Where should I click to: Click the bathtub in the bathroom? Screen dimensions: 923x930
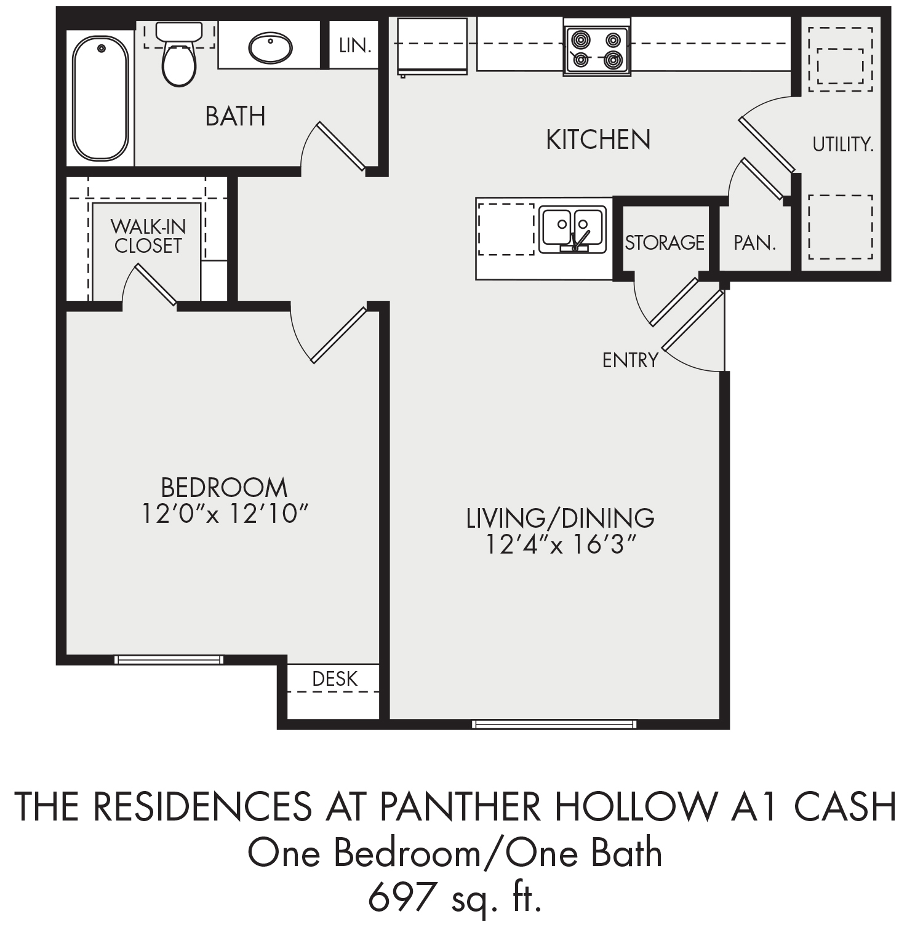[101, 96]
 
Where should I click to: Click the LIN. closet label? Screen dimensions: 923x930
[356, 46]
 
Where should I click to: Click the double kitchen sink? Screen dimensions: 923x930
[572, 229]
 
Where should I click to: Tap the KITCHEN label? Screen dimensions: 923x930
[598, 140]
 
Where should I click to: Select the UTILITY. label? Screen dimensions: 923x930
[842, 145]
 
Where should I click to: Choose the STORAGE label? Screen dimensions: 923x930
[665, 242]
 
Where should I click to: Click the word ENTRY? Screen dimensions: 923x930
[630, 360]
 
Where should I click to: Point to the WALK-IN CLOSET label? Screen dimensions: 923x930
[148, 236]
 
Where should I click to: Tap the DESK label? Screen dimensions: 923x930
[335, 678]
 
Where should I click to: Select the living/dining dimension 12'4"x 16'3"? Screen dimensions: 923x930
[560, 545]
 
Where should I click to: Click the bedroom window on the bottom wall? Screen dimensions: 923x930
[169, 660]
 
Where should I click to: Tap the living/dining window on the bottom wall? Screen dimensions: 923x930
[554, 724]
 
